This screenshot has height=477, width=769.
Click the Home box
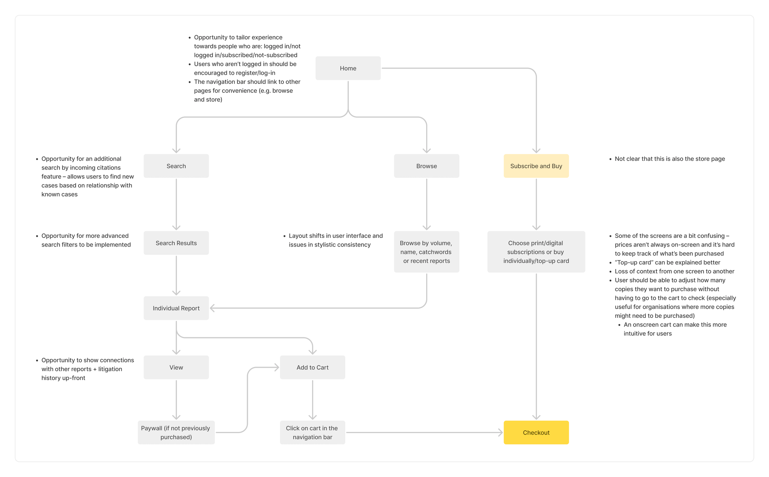pyautogui.click(x=348, y=68)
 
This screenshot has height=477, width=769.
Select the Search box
pyautogui.click(x=176, y=166)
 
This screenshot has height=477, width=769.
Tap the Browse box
pyautogui.click(x=427, y=166)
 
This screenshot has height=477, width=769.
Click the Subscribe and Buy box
pyautogui.click(x=536, y=166)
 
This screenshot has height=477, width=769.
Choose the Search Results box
pyautogui.click(x=176, y=243)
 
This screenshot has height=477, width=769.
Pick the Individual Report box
pyautogui.click(x=176, y=308)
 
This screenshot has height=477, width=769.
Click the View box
pyautogui.click(x=176, y=367)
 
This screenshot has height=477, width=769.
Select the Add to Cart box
pyautogui.click(x=312, y=367)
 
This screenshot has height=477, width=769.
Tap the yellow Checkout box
pyautogui.click(x=536, y=432)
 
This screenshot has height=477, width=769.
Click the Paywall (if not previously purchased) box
pyautogui.click(x=176, y=432)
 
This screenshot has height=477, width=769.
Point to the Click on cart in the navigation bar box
pyautogui.click(x=312, y=432)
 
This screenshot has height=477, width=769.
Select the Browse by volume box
pyautogui.click(x=427, y=252)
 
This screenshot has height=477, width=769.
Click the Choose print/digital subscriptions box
pyautogui.click(x=536, y=252)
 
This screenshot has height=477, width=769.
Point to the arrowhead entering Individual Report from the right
pyautogui.click(x=212, y=308)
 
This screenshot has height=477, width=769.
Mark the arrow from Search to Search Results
pyautogui.click(x=176, y=204)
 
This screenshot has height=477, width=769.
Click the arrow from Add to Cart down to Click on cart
pyautogui.click(x=312, y=400)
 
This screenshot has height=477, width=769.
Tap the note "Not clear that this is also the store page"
pyautogui.click(x=669, y=159)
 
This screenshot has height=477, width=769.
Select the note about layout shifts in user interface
pyautogui.click(x=333, y=240)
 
